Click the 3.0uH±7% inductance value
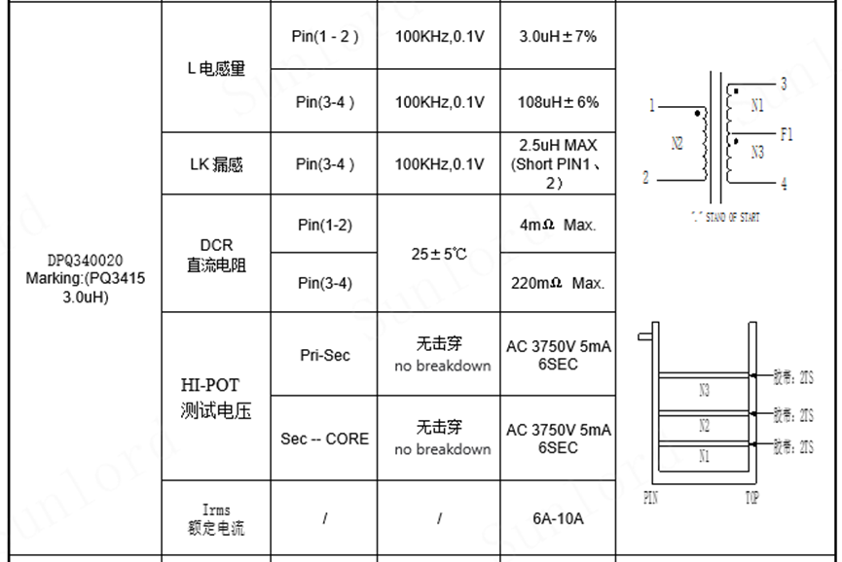pyautogui.click(x=558, y=37)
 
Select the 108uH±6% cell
pyautogui.click(x=558, y=102)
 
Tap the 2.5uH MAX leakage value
pyautogui.click(x=558, y=163)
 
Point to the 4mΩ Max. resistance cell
pyautogui.click(x=558, y=225)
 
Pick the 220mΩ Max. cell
pyautogui.click(x=558, y=283)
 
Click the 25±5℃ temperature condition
pyautogui.click(x=439, y=254)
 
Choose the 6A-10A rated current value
pyautogui.click(x=558, y=518)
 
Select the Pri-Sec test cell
pyautogui.click(x=324, y=355)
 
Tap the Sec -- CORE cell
pyautogui.click(x=324, y=439)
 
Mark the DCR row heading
pyautogui.click(x=216, y=255)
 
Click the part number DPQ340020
pyautogui.click(x=86, y=261)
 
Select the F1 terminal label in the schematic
pyautogui.click(x=787, y=135)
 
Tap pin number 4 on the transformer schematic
pyautogui.click(x=784, y=185)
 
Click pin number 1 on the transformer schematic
pyautogui.click(x=652, y=106)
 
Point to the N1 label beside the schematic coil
pyautogui.click(x=757, y=106)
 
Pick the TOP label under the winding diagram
pyautogui.click(x=751, y=498)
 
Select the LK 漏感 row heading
pyautogui.click(x=216, y=164)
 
